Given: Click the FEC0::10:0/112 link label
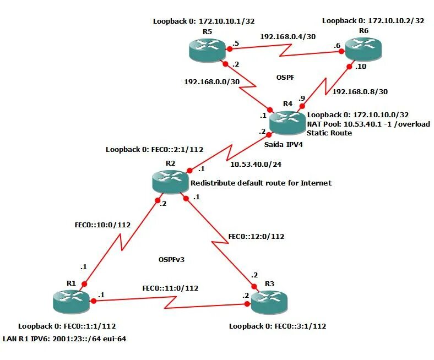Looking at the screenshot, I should tap(102, 225).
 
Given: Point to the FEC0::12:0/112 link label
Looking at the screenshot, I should tap(256, 237).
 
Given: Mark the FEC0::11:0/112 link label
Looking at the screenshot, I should tap(170, 288).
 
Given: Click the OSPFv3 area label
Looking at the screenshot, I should tap(171, 259).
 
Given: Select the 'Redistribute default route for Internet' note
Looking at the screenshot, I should tap(261, 183).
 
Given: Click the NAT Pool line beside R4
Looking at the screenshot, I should tap(368, 124).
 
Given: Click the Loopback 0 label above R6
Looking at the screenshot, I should tap(373, 20).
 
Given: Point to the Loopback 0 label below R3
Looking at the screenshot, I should tap(278, 326).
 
